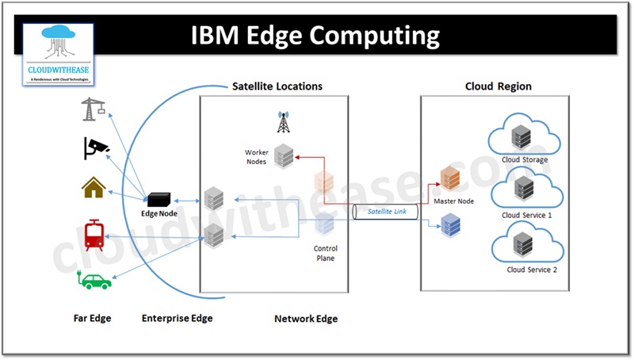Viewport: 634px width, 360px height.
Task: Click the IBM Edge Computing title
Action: (315, 35)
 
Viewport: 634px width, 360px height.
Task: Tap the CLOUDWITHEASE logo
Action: (59, 55)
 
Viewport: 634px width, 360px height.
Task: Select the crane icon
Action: (94, 109)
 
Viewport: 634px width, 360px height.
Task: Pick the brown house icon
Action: (94, 187)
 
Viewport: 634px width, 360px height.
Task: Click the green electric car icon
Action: (95, 279)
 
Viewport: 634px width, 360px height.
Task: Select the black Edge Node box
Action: (162, 199)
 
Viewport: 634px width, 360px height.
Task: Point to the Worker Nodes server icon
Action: (284, 156)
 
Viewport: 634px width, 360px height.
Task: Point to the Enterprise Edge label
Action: (178, 319)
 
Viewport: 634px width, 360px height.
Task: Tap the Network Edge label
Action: (306, 319)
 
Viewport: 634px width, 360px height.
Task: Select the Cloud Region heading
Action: (498, 86)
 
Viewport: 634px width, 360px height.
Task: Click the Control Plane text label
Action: (326, 253)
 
